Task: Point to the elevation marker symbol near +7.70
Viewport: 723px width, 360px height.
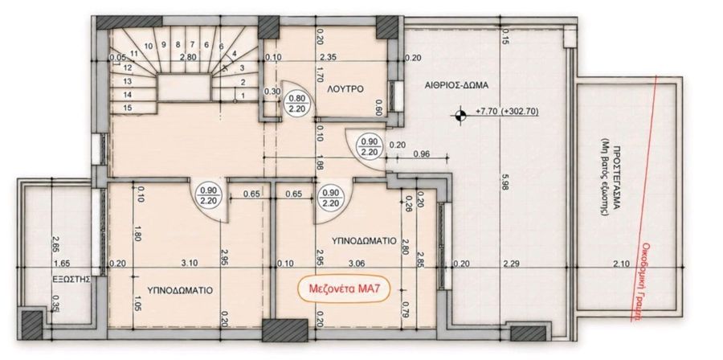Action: pos(460,115)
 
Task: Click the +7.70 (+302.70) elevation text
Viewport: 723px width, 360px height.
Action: pos(507,112)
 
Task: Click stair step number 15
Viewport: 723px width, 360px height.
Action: pos(128,108)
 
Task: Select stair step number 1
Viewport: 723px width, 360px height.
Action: pos(243,95)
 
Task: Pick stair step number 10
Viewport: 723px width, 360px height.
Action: pos(148,46)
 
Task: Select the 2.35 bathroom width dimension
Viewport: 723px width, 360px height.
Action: pos(329,58)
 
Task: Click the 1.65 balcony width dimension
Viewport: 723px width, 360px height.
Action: pos(61,264)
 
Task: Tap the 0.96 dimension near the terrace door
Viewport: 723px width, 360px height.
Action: pos(422,154)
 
